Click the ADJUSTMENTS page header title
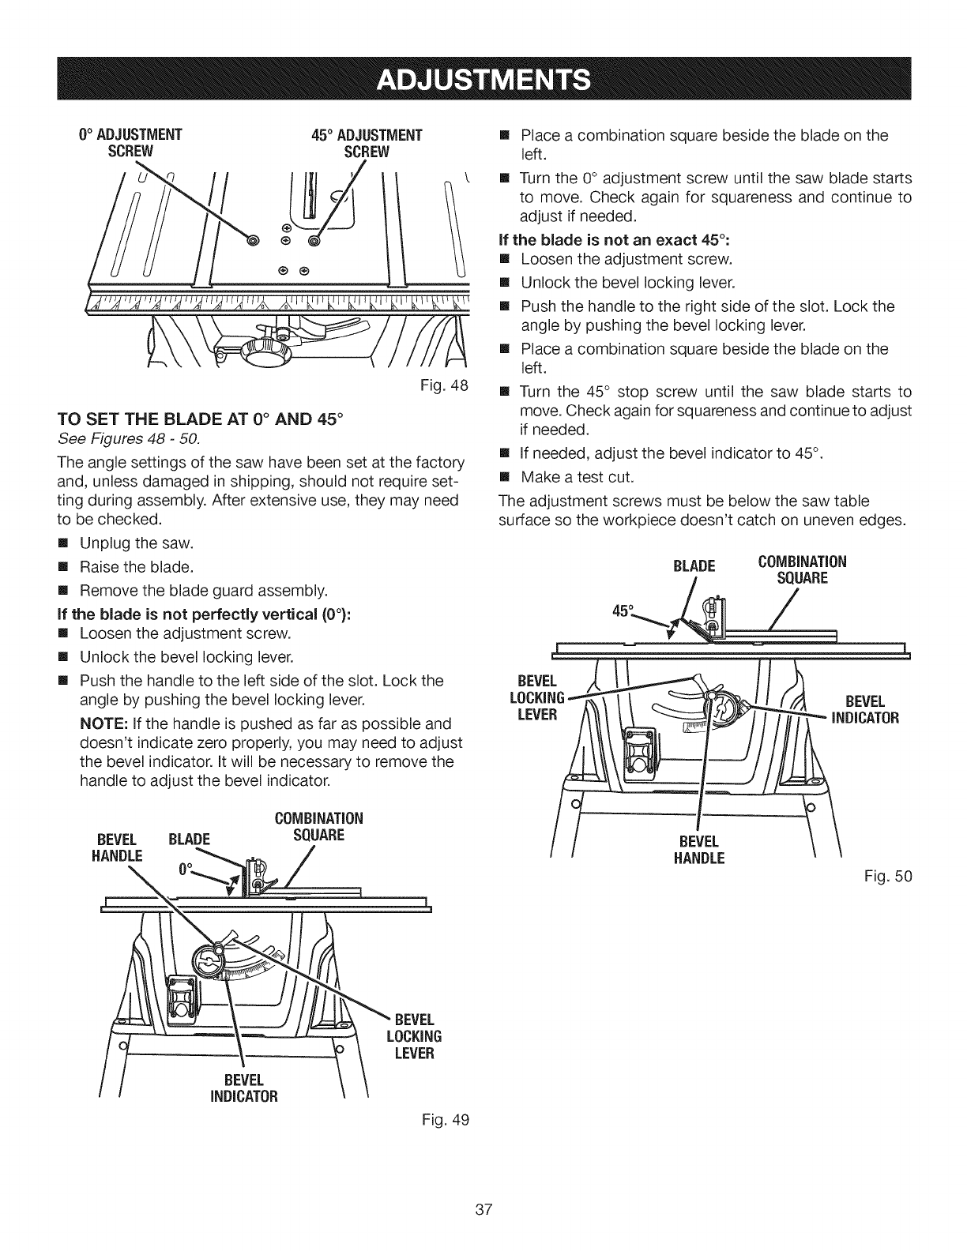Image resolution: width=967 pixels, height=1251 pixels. click(483, 79)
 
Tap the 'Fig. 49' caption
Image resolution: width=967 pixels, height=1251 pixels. click(453, 1119)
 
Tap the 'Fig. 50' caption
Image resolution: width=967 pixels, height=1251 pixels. click(895, 876)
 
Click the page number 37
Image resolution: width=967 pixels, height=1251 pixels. click(483, 1209)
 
